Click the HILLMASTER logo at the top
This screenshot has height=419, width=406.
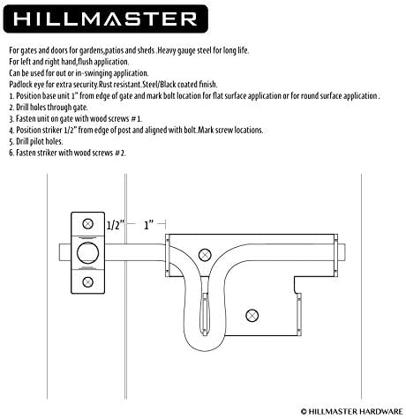pyautogui.click(x=106, y=19)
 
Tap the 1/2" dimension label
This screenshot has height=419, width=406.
pyautogui.click(x=116, y=225)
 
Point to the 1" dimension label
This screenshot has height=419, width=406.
pyautogui.click(x=149, y=225)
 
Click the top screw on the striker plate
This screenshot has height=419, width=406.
pyautogui.click(x=87, y=224)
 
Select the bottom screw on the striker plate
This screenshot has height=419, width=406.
pyautogui.click(x=87, y=282)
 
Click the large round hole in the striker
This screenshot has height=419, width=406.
pyautogui.click(x=87, y=253)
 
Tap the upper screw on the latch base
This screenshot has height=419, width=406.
pyautogui.click(x=205, y=255)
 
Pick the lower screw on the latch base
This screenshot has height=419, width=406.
pyautogui.click(x=252, y=316)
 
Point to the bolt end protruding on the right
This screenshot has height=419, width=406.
pyautogui.click(x=342, y=252)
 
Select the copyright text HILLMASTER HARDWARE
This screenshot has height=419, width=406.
pyautogui.click(x=352, y=412)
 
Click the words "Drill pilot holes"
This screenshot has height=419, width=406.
pyautogui.click(x=40, y=141)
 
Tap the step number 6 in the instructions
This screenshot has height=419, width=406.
pyautogui.click(x=11, y=153)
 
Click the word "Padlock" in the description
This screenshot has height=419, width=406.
pyautogui.click(x=20, y=85)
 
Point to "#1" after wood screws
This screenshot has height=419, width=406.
pyautogui.click(x=136, y=119)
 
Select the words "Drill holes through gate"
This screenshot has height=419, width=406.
pyautogui.click(x=52, y=108)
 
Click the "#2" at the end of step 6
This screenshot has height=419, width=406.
pyautogui.click(x=120, y=153)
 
